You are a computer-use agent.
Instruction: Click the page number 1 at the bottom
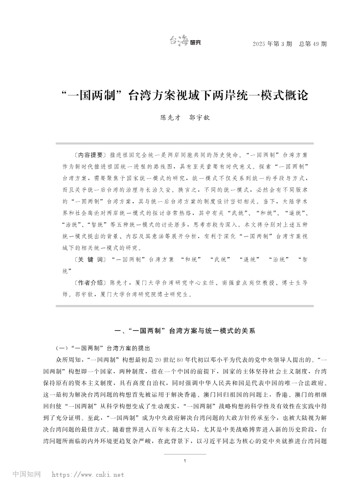[x=184, y=461]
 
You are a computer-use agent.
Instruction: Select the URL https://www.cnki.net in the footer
[x=88, y=474]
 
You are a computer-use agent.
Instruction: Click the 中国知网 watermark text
[x=26, y=474]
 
